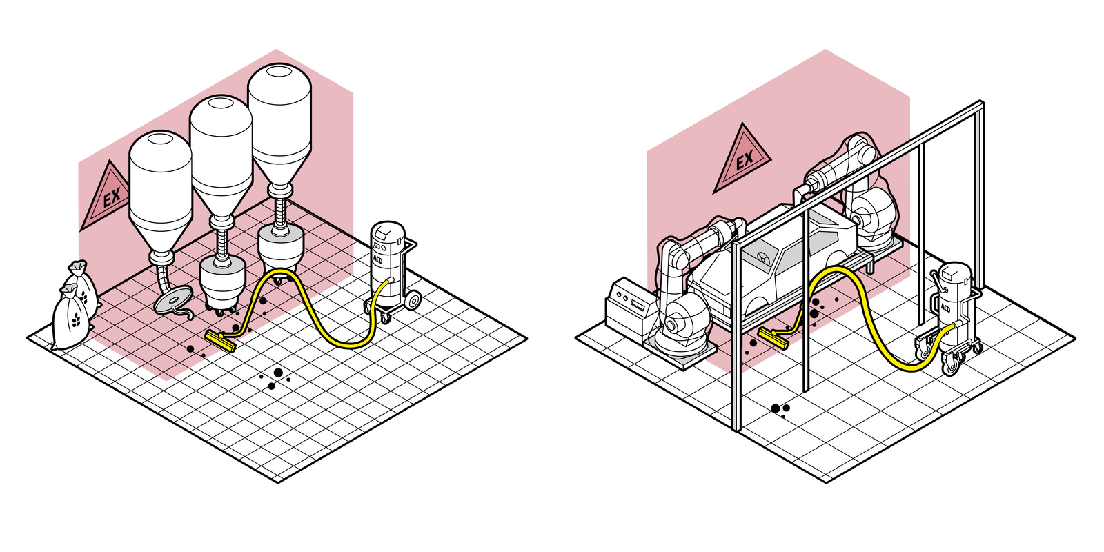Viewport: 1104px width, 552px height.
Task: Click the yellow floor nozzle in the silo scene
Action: click(220, 339)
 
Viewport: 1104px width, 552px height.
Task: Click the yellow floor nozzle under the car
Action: click(774, 337)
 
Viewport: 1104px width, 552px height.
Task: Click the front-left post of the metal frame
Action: click(736, 338)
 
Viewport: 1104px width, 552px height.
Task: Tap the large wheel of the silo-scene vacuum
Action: click(412, 300)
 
